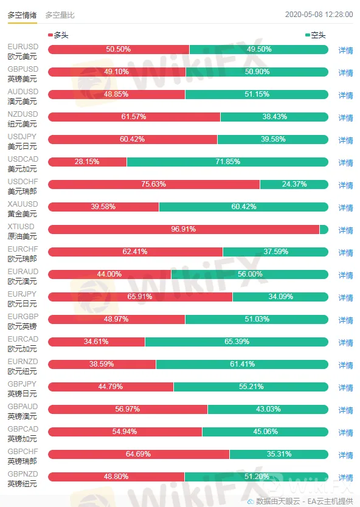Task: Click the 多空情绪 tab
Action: pos(22,15)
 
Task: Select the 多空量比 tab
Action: pos(60,15)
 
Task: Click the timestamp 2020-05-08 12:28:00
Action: pos(319,15)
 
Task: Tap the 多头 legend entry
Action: pos(58,35)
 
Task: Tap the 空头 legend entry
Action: pos(316,35)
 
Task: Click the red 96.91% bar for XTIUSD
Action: pos(184,229)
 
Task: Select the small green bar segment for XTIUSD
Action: pos(324,229)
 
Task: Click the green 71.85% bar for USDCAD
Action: pos(227,162)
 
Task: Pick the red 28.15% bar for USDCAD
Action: pos(87,162)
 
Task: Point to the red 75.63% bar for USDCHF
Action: pos(154,184)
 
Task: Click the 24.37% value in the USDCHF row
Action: pos(294,184)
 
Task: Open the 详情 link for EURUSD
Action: pos(345,50)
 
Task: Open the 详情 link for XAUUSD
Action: pos(345,208)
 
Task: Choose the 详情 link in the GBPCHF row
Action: pos(345,455)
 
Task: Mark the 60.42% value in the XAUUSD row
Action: pos(244,207)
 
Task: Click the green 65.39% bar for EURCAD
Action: pos(237,342)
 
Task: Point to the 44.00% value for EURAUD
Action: pos(109,274)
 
